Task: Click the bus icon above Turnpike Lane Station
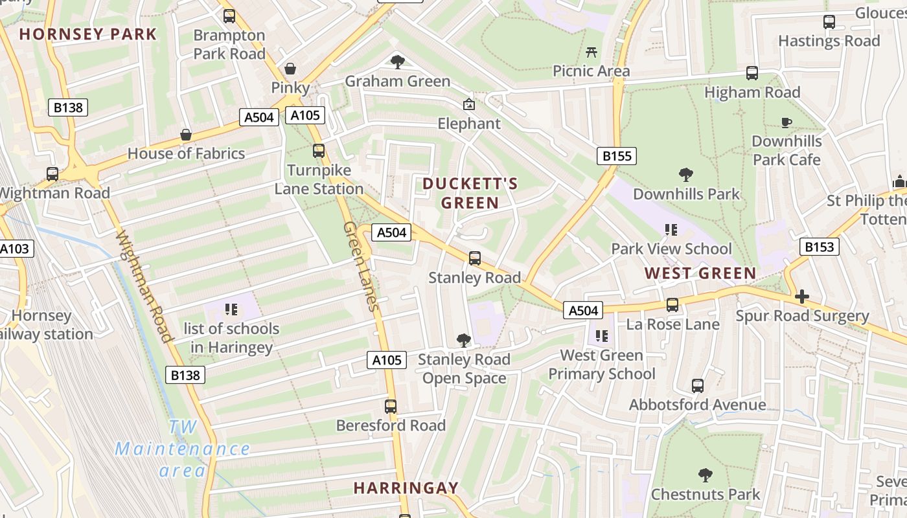pyautogui.click(x=318, y=151)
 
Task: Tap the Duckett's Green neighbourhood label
pyautogui.click(x=470, y=193)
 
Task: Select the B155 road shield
pyautogui.click(x=616, y=156)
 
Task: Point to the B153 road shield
pyautogui.click(x=820, y=247)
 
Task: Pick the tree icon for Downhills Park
pyautogui.click(x=686, y=175)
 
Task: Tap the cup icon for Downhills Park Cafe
pyautogui.click(x=786, y=122)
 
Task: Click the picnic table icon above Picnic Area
pyautogui.click(x=591, y=52)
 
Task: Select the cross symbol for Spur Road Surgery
pyautogui.click(x=801, y=297)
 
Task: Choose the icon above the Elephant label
pyautogui.click(x=468, y=104)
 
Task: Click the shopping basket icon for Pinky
pyautogui.click(x=290, y=69)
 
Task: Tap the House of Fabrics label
pyautogui.click(x=186, y=153)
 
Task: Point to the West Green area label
pyautogui.click(x=700, y=273)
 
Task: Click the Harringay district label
pyautogui.click(x=406, y=488)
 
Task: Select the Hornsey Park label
pyautogui.click(x=88, y=34)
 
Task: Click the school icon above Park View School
pyautogui.click(x=671, y=230)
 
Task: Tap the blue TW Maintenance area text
pyautogui.click(x=182, y=448)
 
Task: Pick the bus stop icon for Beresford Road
pyautogui.click(x=390, y=406)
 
